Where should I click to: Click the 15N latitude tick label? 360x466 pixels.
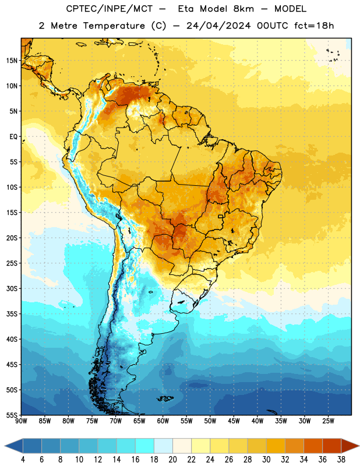(12, 61)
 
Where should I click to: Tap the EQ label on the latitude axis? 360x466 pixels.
(13, 137)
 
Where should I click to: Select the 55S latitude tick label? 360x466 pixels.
(12, 415)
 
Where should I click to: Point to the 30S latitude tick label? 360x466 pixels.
(12, 288)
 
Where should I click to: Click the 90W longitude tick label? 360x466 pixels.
(21, 421)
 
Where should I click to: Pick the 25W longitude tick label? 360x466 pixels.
(328, 421)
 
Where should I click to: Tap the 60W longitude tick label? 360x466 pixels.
(163, 421)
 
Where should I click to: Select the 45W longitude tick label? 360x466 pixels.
(234, 421)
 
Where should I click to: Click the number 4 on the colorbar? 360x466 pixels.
(23, 460)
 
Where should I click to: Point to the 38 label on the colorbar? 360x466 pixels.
(341, 460)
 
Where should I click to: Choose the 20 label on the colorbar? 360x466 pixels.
(172, 460)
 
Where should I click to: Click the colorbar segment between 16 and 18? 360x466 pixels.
(145, 446)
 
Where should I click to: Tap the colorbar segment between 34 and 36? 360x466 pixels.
(313, 446)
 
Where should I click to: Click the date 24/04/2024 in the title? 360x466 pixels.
(218, 26)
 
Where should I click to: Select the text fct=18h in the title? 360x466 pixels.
(314, 26)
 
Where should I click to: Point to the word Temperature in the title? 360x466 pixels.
(114, 26)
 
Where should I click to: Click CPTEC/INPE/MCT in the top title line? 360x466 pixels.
(110, 9)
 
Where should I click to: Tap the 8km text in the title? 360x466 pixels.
(243, 9)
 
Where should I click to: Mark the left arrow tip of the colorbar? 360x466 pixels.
(5, 446)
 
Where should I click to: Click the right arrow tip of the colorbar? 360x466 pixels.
(359, 446)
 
